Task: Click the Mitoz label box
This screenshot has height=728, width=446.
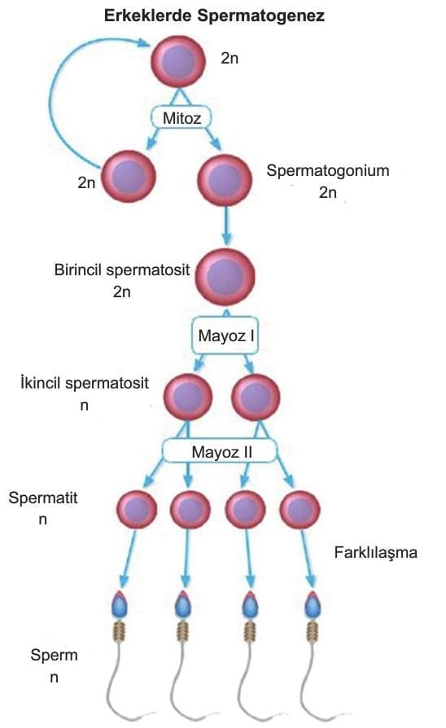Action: point(181,118)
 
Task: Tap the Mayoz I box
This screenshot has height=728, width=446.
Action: point(225,335)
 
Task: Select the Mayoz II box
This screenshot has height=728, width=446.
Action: point(220,452)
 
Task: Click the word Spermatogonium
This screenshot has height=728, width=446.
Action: point(328,171)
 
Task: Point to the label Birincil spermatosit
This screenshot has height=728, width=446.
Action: point(122,270)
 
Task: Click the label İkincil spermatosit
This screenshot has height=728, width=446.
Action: point(85,383)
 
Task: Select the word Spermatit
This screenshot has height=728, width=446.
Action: point(42,498)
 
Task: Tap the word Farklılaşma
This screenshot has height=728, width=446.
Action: point(375,552)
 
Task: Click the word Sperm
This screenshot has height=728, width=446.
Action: point(54,656)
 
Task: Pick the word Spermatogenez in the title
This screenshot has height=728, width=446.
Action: point(261,16)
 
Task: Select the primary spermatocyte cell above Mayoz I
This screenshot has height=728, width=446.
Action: point(225,276)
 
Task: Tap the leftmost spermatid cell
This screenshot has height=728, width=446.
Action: point(137,510)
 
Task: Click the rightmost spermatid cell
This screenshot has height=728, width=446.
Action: point(300,510)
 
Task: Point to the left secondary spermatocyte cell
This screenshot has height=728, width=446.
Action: point(188,397)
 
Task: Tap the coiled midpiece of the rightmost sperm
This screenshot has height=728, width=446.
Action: point(313,630)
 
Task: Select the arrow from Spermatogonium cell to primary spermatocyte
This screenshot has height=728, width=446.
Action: point(226,226)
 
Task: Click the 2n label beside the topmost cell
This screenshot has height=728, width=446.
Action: point(230,58)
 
